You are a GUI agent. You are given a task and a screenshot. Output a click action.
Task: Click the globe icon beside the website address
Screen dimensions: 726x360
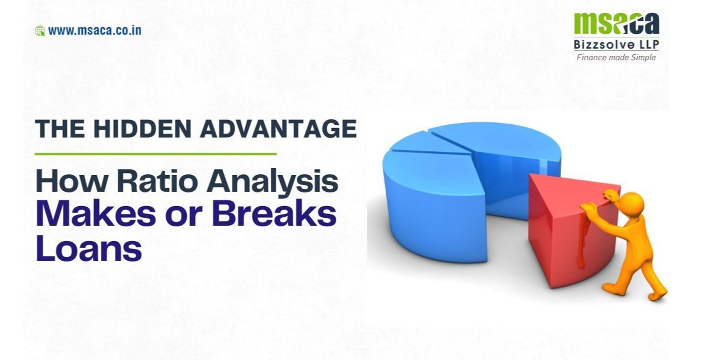point(40,31)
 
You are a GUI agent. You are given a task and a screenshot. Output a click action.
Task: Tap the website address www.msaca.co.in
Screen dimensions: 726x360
point(94,31)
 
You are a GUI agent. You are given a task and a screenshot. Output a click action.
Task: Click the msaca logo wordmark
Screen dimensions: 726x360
point(616,23)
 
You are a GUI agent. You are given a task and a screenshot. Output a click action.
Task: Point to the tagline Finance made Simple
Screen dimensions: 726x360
point(616,57)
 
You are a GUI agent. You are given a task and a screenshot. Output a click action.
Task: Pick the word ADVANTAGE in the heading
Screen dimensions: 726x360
point(278,129)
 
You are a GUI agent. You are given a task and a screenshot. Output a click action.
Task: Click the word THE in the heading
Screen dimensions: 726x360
point(60,129)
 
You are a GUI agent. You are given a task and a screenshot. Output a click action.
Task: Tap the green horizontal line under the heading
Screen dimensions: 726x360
point(156,154)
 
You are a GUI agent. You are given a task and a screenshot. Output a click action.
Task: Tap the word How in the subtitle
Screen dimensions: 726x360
point(72,181)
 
